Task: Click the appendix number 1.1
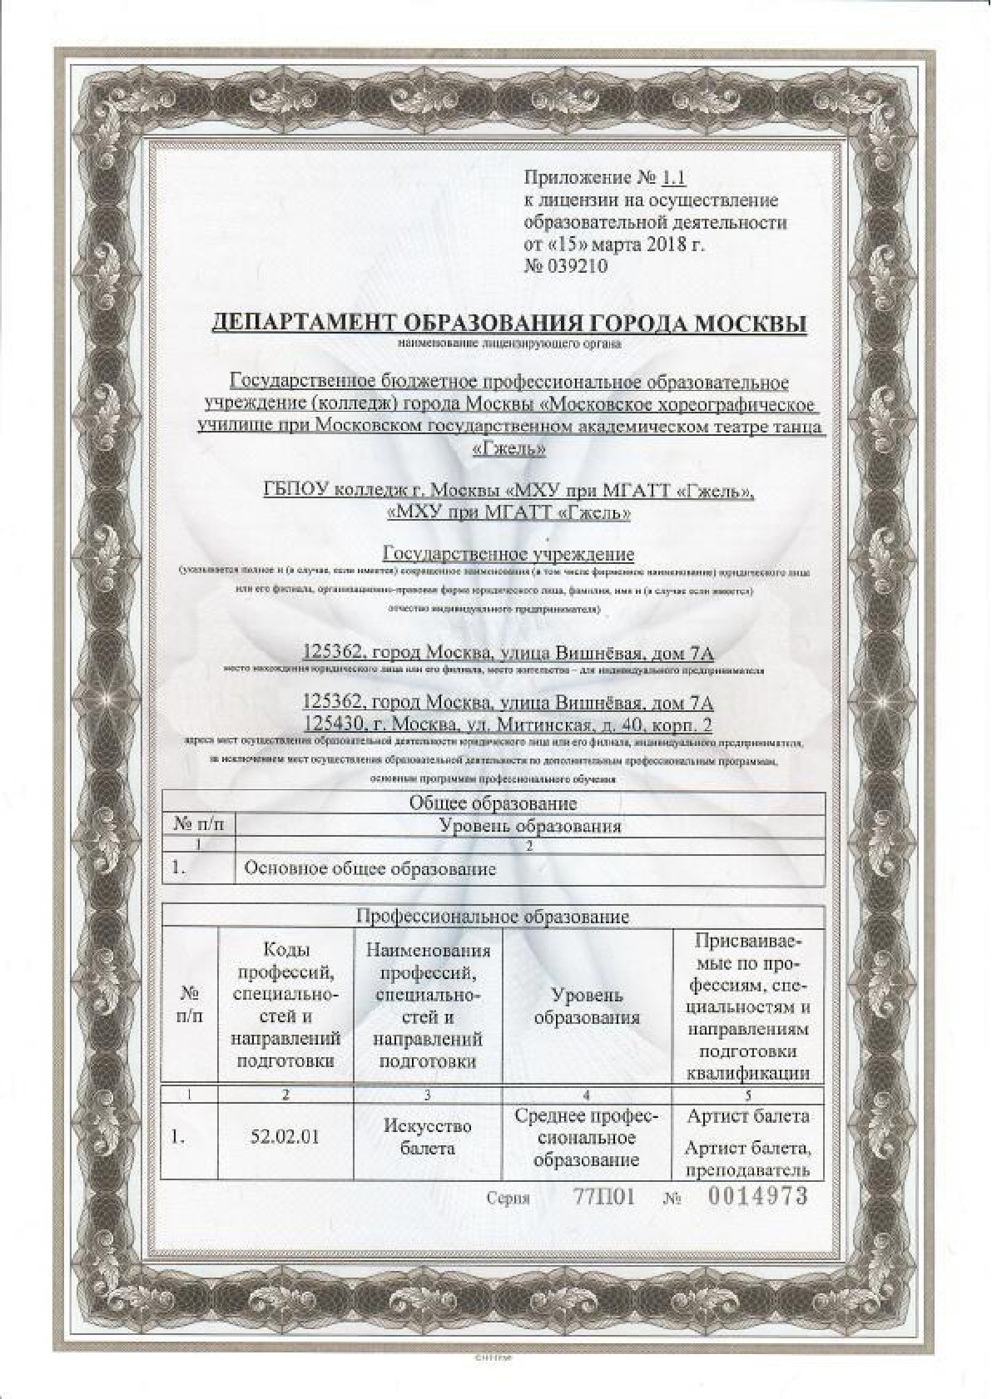coord(672,177)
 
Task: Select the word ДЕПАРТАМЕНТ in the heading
coord(303,323)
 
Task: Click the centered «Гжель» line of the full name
coord(508,448)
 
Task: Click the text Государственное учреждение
coord(508,554)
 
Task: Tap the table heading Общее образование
coord(493,803)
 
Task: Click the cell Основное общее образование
coord(370,869)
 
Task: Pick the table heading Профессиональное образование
coord(493,917)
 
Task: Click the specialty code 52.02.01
coord(285,1136)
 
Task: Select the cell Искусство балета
coord(427,1136)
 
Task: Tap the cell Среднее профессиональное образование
coord(586,1137)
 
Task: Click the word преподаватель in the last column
coord(746,1170)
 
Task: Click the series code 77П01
coord(604,1198)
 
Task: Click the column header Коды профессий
coord(285,1005)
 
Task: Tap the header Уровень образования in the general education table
coord(529,826)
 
